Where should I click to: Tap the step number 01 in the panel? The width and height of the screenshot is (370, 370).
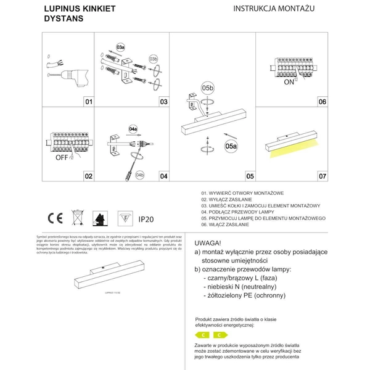point(88,102)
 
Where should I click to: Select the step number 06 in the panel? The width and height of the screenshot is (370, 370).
point(321,102)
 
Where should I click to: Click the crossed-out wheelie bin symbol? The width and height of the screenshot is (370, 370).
point(77,217)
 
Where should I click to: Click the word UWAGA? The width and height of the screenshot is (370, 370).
point(208,243)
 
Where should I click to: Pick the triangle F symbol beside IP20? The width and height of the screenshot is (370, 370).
point(123,218)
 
